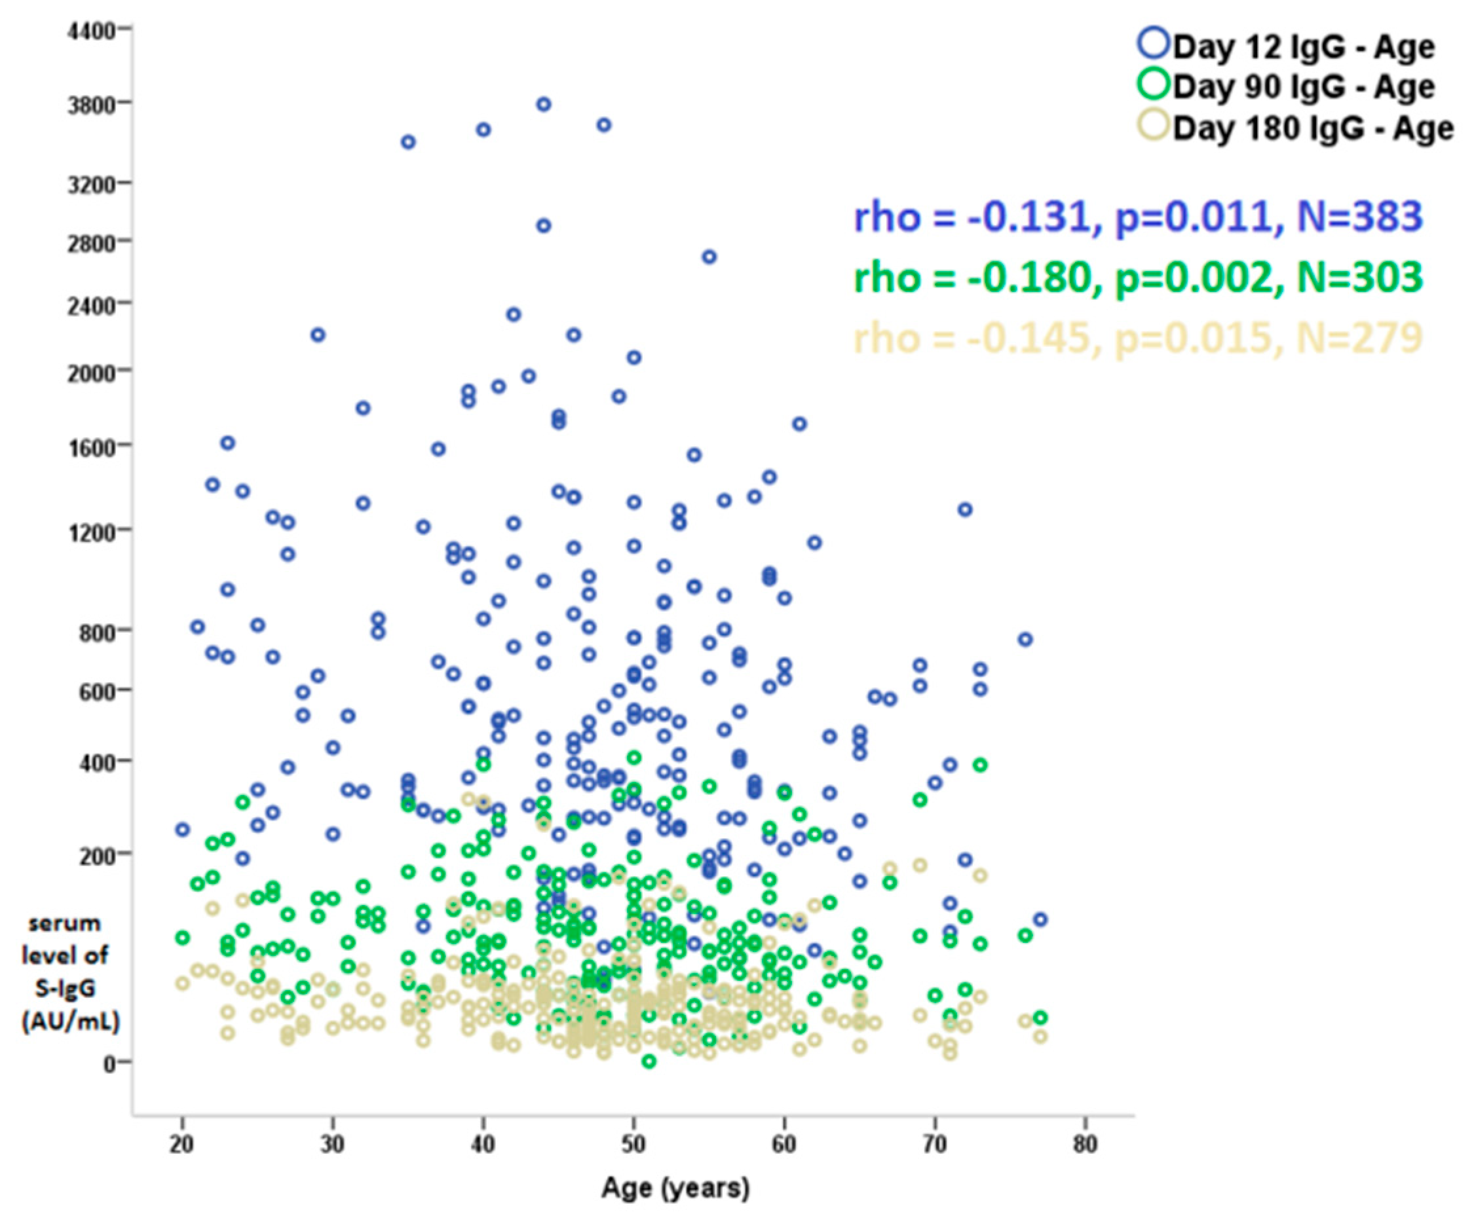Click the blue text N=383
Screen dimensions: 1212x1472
click(1359, 217)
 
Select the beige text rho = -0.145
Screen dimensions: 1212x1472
click(972, 338)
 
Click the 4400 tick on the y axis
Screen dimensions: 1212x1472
click(92, 31)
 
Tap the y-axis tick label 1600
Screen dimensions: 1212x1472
click(92, 446)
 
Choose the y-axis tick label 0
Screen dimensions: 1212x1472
click(109, 1065)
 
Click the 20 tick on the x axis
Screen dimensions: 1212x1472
click(182, 1146)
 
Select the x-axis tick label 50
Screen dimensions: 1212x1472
click(633, 1146)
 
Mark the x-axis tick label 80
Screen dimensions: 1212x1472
click(1085, 1146)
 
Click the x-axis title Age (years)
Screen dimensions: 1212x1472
click(675, 1188)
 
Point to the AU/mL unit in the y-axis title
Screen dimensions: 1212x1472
click(71, 1022)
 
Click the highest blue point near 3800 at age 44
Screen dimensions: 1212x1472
click(543, 105)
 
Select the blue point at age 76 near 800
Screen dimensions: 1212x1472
click(1025, 640)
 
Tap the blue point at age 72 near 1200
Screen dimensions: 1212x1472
click(965, 509)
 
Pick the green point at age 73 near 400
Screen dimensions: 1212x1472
click(980, 765)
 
